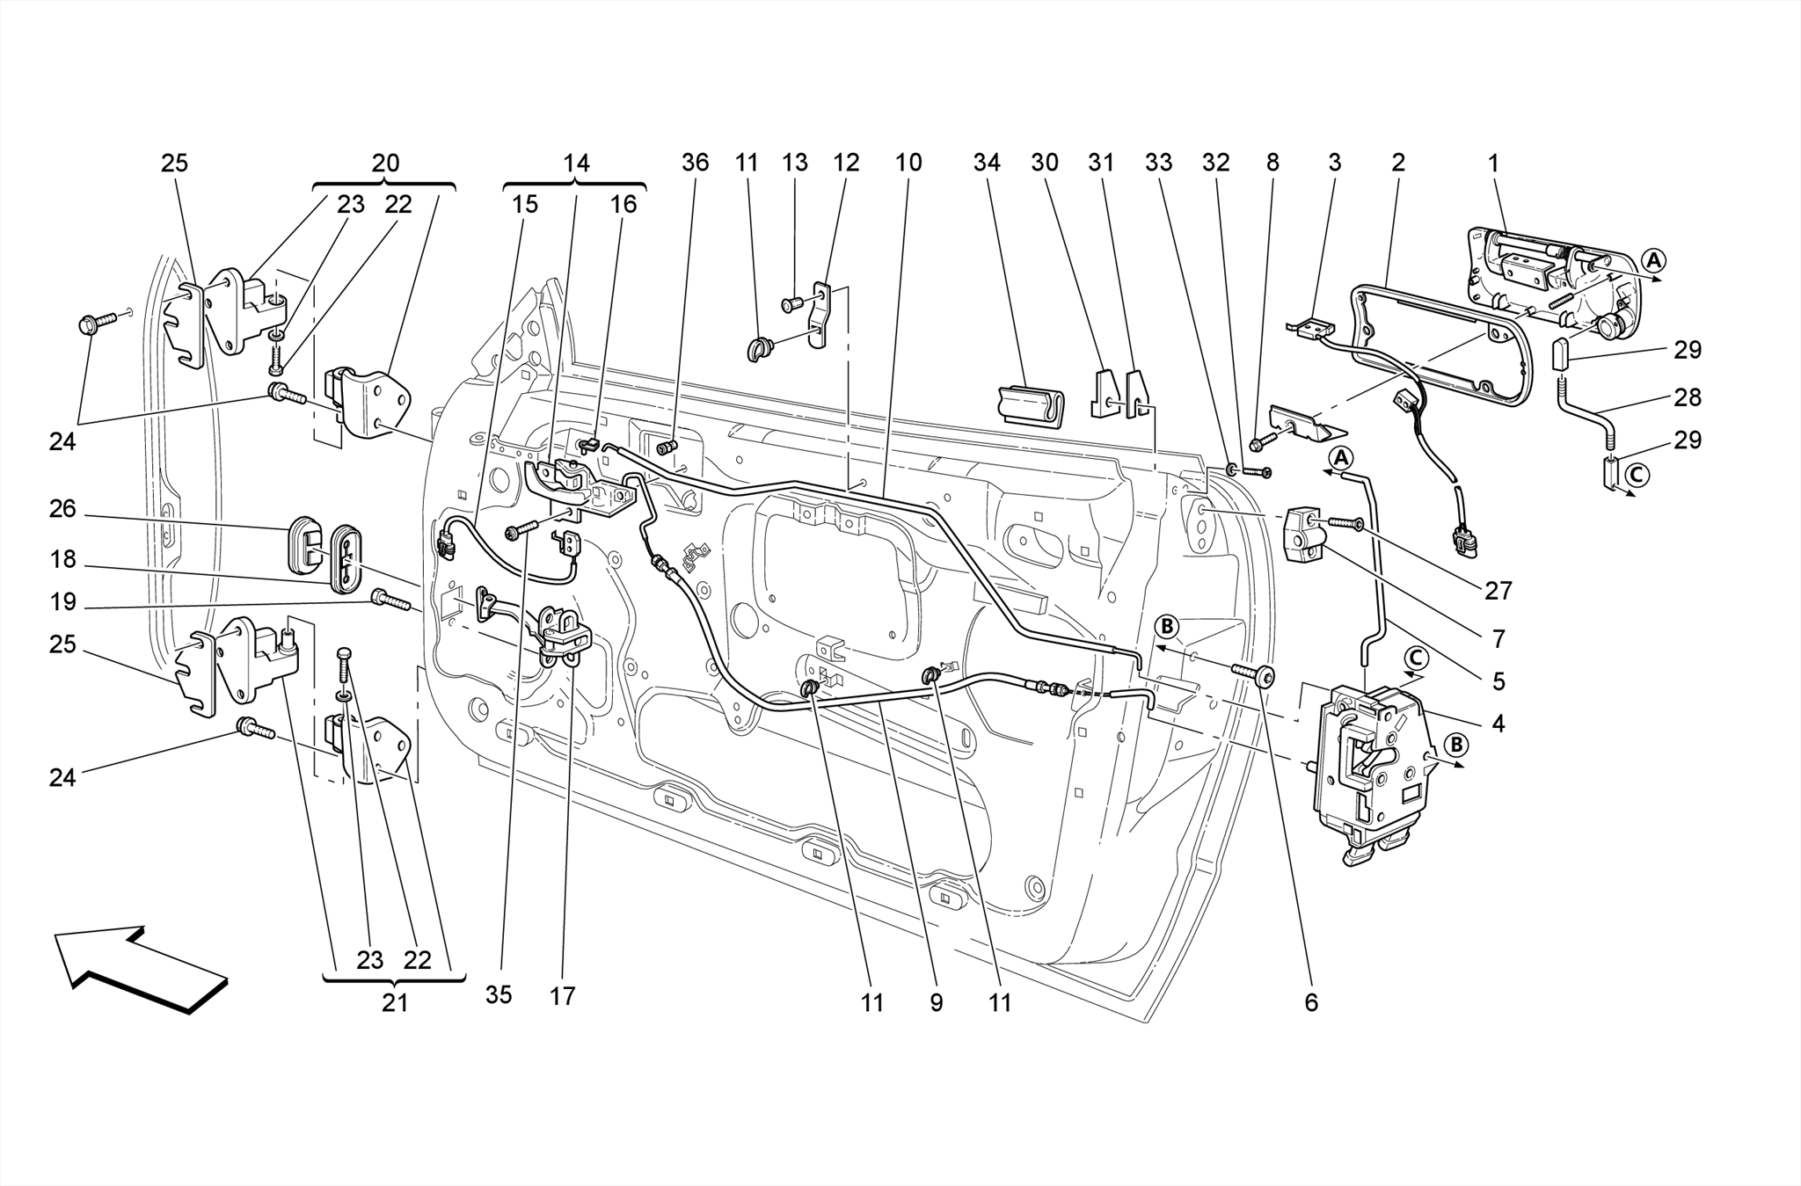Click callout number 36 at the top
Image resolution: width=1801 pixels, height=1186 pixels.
coord(695,163)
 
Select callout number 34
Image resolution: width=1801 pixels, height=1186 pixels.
coord(987,163)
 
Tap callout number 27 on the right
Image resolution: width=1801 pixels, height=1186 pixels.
coord(1498,591)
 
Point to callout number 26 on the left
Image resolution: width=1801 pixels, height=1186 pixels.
coord(62,509)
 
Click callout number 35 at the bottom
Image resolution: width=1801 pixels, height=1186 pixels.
coord(498,995)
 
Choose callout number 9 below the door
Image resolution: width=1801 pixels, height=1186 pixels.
coord(936,1002)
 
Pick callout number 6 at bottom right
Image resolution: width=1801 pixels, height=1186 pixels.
coord(1311,1002)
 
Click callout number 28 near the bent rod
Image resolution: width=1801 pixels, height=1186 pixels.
coord(1687,397)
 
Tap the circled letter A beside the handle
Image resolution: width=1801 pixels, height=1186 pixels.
coord(1653,260)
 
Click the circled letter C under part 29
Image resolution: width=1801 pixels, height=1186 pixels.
coord(1636,476)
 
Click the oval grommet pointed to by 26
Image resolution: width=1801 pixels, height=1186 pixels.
coord(304,538)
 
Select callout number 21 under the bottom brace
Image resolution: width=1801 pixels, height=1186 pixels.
coord(395,1002)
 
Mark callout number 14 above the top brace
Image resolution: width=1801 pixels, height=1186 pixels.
coord(576,163)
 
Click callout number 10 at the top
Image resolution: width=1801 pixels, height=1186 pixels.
coord(908,163)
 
